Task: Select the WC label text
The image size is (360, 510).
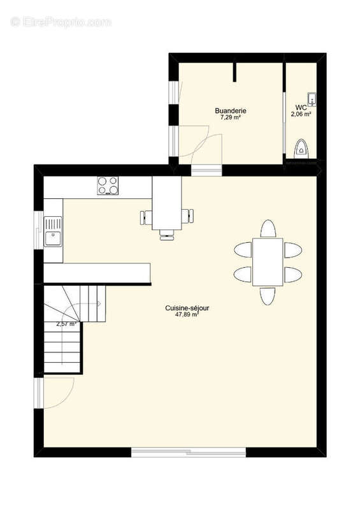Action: [x=301, y=108]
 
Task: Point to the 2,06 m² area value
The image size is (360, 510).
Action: [x=301, y=115]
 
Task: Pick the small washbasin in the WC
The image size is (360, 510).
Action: [x=312, y=98]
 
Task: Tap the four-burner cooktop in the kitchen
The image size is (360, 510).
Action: [x=108, y=186]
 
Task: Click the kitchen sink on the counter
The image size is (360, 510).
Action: [x=52, y=231]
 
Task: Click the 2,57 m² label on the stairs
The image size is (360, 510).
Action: [x=66, y=324]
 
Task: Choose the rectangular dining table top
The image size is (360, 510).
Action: [x=268, y=261]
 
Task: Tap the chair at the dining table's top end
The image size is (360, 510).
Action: [x=268, y=228]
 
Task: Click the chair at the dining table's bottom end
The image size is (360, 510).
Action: [x=268, y=296]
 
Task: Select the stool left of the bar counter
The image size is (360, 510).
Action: [x=146, y=218]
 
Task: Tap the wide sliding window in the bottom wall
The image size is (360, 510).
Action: [x=189, y=452]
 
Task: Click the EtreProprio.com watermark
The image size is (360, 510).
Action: [x=61, y=22]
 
